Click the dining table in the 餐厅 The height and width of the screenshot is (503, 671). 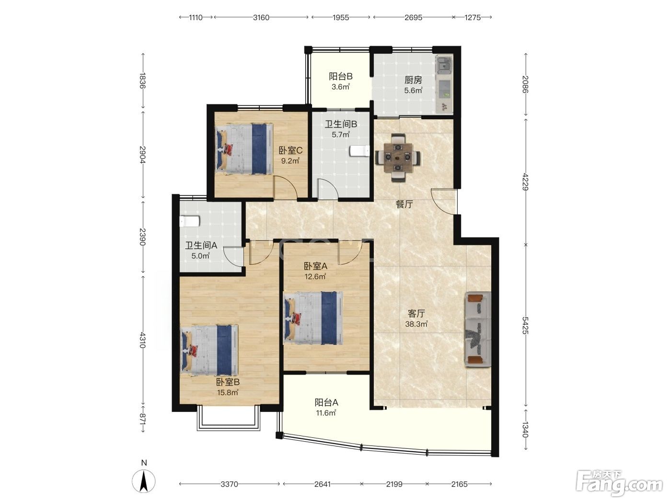point(397,158)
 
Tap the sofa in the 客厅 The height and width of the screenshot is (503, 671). point(478,329)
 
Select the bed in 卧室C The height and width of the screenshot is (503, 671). point(243,149)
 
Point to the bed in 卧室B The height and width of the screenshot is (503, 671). point(209,350)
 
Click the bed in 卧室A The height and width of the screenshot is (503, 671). point(313,318)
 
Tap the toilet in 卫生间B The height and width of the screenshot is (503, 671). point(359,151)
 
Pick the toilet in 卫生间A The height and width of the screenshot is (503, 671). point(189,221)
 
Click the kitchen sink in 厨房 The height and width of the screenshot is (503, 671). point(444,66)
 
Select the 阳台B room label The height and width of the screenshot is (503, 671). point(341,76)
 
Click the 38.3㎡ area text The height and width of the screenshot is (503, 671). point(416,324)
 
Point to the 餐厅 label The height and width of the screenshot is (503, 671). point(404,204)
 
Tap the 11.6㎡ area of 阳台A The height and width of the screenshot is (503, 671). point(326,413)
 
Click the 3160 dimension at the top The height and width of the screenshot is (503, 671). point(261,17)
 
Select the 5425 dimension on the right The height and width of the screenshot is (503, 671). point(525,325)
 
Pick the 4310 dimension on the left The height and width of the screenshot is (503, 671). point(143,340)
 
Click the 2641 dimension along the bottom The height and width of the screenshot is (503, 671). point(323,484)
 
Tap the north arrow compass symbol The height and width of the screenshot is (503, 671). point(144,481)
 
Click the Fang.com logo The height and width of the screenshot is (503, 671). point(619,483)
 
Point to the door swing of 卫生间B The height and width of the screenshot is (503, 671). point(328,189)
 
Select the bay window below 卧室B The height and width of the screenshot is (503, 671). point(228,417)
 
